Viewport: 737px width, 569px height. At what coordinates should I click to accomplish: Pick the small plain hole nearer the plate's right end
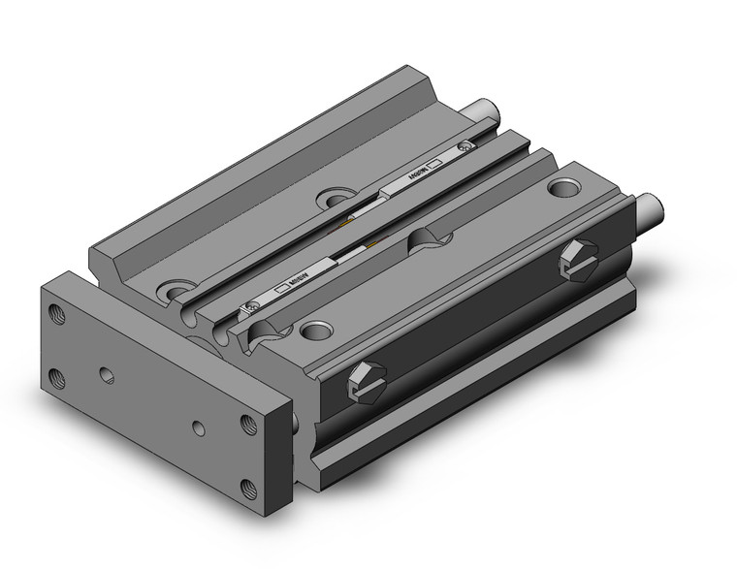(199, 426)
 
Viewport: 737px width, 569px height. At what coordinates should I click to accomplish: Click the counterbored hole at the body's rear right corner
(561, 185)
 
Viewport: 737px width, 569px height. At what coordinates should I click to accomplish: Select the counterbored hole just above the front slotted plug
(314, 331)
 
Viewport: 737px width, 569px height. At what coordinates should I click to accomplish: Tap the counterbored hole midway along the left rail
(336, 198)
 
